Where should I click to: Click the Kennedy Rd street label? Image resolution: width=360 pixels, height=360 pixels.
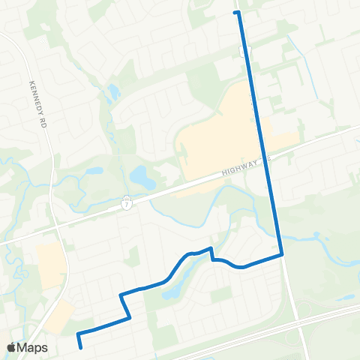pos(37,98)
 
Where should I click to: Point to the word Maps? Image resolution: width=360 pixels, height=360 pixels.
pos(33,347)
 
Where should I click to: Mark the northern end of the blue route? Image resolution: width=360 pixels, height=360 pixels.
pos(236,13)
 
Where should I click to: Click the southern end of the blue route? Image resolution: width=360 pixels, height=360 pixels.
pos(81,346)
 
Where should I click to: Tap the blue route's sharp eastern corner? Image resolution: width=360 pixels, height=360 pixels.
pos(282,254)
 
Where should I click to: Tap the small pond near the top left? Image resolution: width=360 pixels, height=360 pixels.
pos(113,93)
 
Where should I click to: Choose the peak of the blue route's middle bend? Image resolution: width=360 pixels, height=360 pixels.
pos(211,248)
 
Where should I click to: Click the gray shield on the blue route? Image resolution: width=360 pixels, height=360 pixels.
pos(244,51)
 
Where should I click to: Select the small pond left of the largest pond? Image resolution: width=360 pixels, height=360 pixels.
pos(94,170)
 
